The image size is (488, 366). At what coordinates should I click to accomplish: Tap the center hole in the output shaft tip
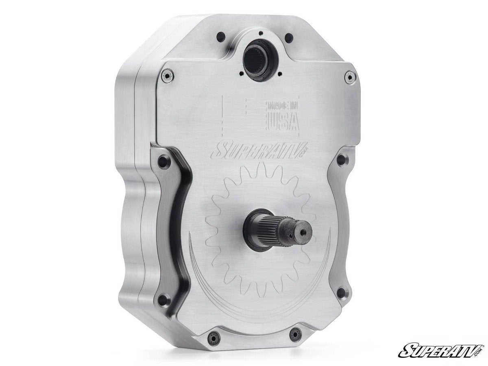coord(303,231)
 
